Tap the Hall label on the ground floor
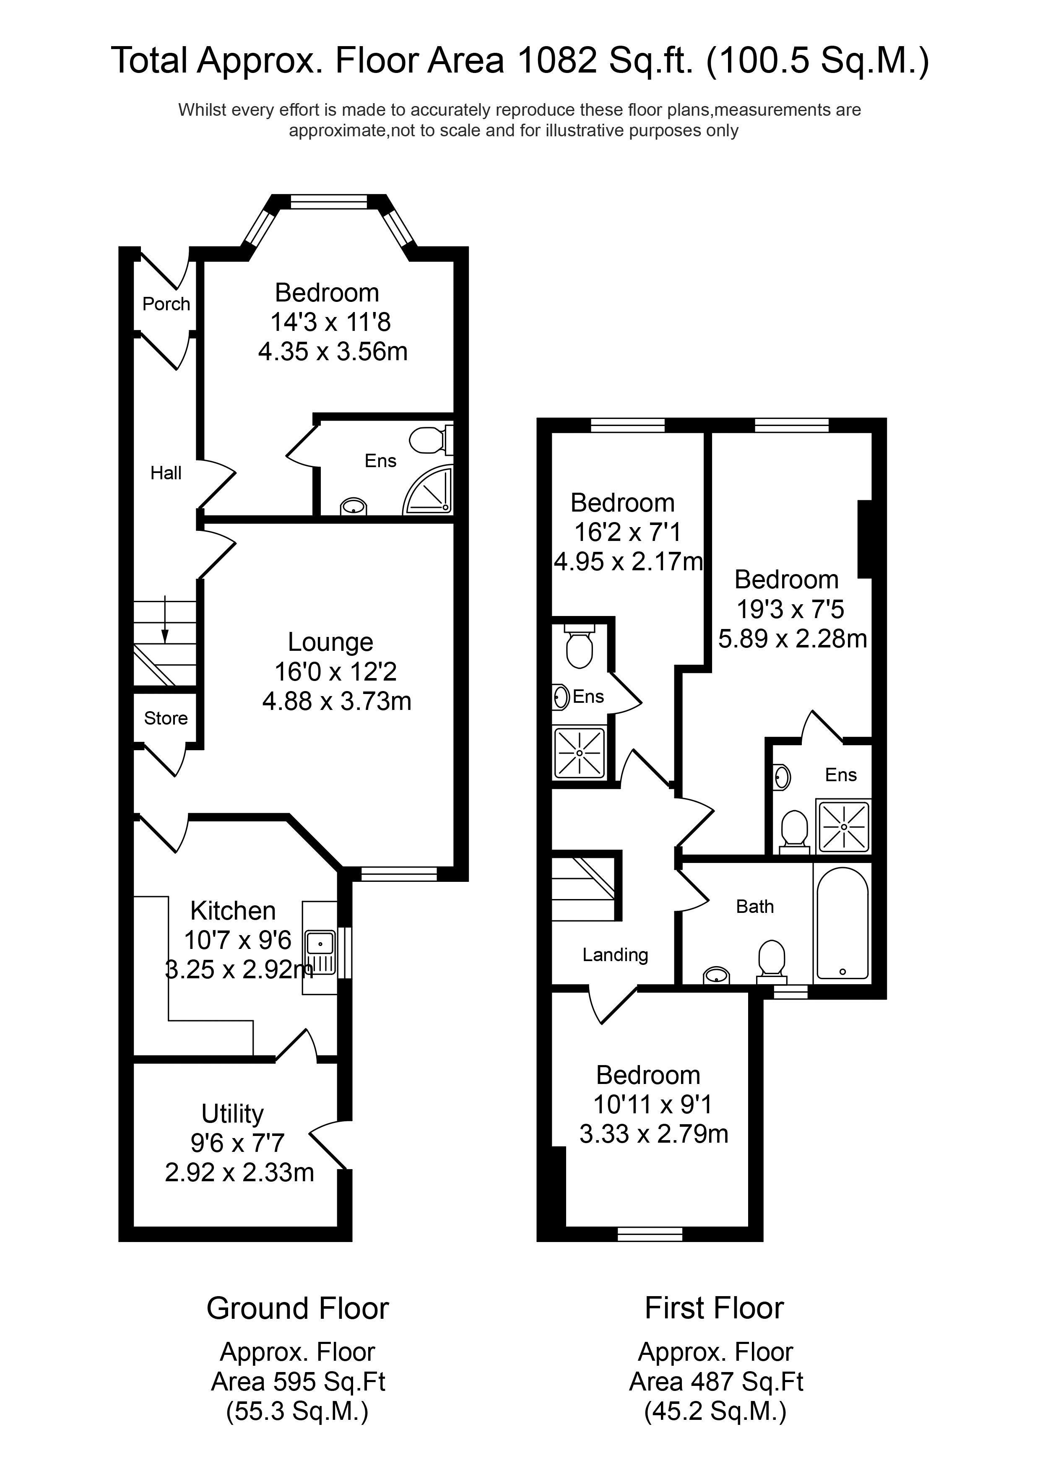tap(166, 473)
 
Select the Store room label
tap(165, 718)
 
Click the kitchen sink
tap(320, 943)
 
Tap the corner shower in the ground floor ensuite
tap(431, 491)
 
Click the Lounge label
tap(330, 642)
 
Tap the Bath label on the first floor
tap(755, 907)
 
